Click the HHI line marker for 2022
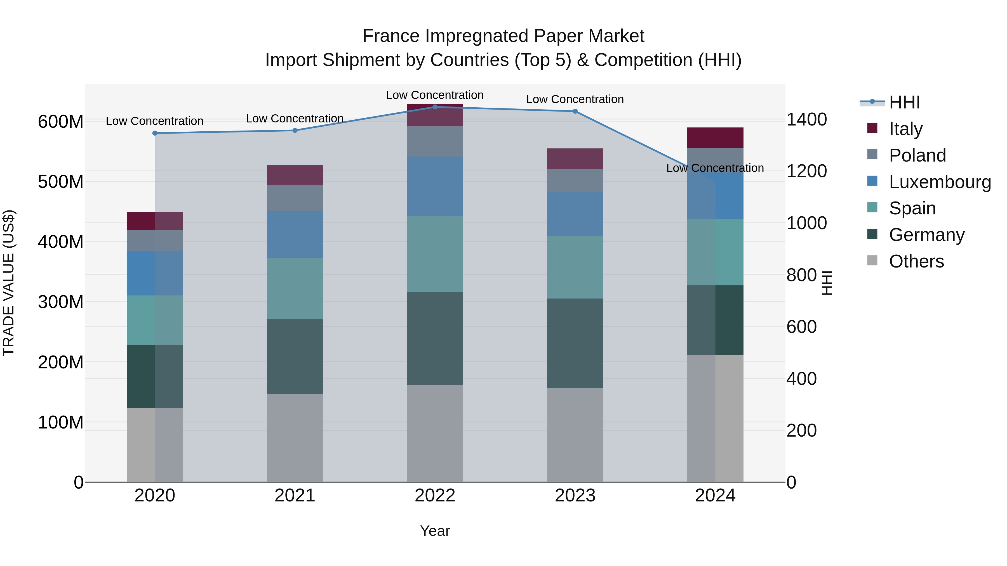tap(435, 107)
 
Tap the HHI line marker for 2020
tap(155, 133)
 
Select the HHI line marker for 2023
tap(575, 111)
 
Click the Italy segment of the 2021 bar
tap(295, 175)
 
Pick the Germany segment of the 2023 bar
tap(575, 343)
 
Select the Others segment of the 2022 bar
tap(435, 433)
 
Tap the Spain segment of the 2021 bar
tap(295, 289)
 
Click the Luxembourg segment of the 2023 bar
tap(575, 214)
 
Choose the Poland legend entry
tap(917, 155)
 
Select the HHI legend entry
tap(904, 102)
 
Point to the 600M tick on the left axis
tap(61, 122)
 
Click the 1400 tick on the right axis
tap(806, 120)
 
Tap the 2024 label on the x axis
tap(715, 496)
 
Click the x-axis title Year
tap(435, 531)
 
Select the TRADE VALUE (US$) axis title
tap(9, 283)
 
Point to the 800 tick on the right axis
tap(801, 275)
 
